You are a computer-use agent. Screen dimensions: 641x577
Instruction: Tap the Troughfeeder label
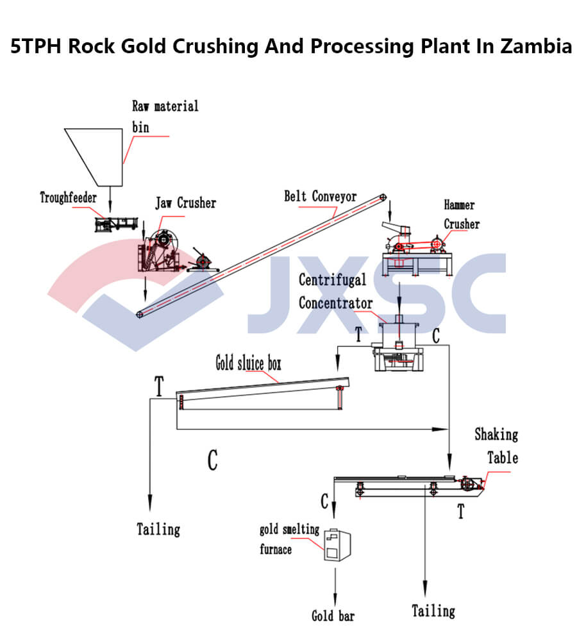pos(69,197)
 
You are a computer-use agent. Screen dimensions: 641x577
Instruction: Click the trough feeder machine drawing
pos(117,224)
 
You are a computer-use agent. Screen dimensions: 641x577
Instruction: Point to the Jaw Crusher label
pos(185,203)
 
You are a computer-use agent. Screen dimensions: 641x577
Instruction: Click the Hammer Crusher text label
pos(461,215)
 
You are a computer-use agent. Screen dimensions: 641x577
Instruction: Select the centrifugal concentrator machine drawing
pos(398,346)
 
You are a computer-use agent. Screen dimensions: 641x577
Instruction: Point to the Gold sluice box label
pos(248,364)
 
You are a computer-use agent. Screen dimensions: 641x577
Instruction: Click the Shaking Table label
pos(496,446)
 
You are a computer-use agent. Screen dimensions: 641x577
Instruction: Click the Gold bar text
pos(333,616)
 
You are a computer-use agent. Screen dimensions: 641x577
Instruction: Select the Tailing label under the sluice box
pos(158,529)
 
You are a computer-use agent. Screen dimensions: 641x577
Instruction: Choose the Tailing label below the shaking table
pos(433,610)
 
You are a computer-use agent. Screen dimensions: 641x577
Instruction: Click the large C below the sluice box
pos(212,460)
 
